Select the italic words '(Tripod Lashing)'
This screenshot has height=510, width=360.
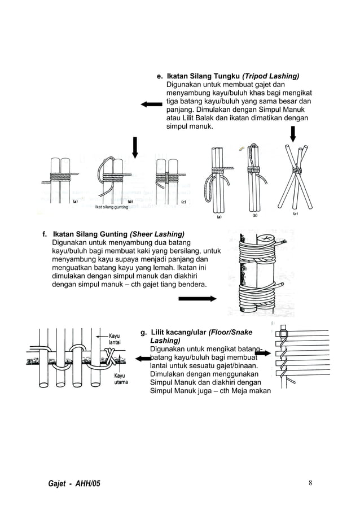271,76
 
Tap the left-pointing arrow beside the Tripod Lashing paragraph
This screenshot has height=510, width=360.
151,104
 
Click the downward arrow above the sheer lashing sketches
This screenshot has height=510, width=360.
135,147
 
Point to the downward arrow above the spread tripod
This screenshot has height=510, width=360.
293,134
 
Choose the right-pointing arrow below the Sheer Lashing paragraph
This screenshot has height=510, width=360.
197,299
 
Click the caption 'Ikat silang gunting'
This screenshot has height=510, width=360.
111,207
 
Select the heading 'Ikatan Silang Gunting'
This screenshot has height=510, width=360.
90,234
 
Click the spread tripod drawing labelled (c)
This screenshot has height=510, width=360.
296,175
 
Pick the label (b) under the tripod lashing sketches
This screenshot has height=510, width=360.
254,215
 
